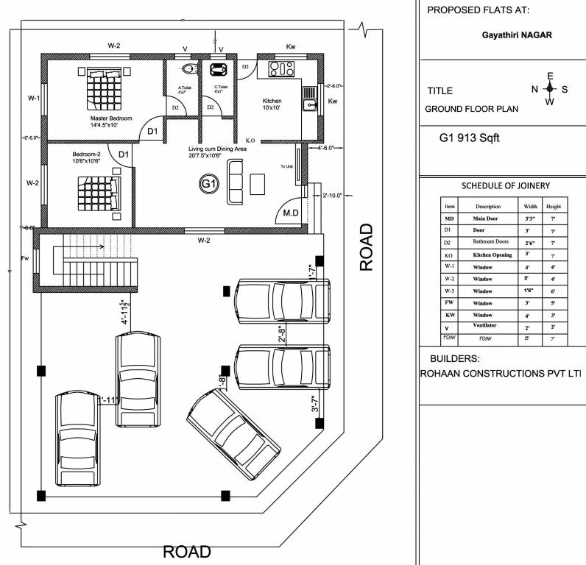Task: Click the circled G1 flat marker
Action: [x=209, y=183]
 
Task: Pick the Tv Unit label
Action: [x=286, y=167]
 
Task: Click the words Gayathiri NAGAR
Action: [x=516, y=35]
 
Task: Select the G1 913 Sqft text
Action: [x=470, y=138]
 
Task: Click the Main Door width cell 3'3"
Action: [x=529, y=219]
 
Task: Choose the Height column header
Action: [x=554, y=207]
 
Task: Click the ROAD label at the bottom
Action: [x=186, y=552]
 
